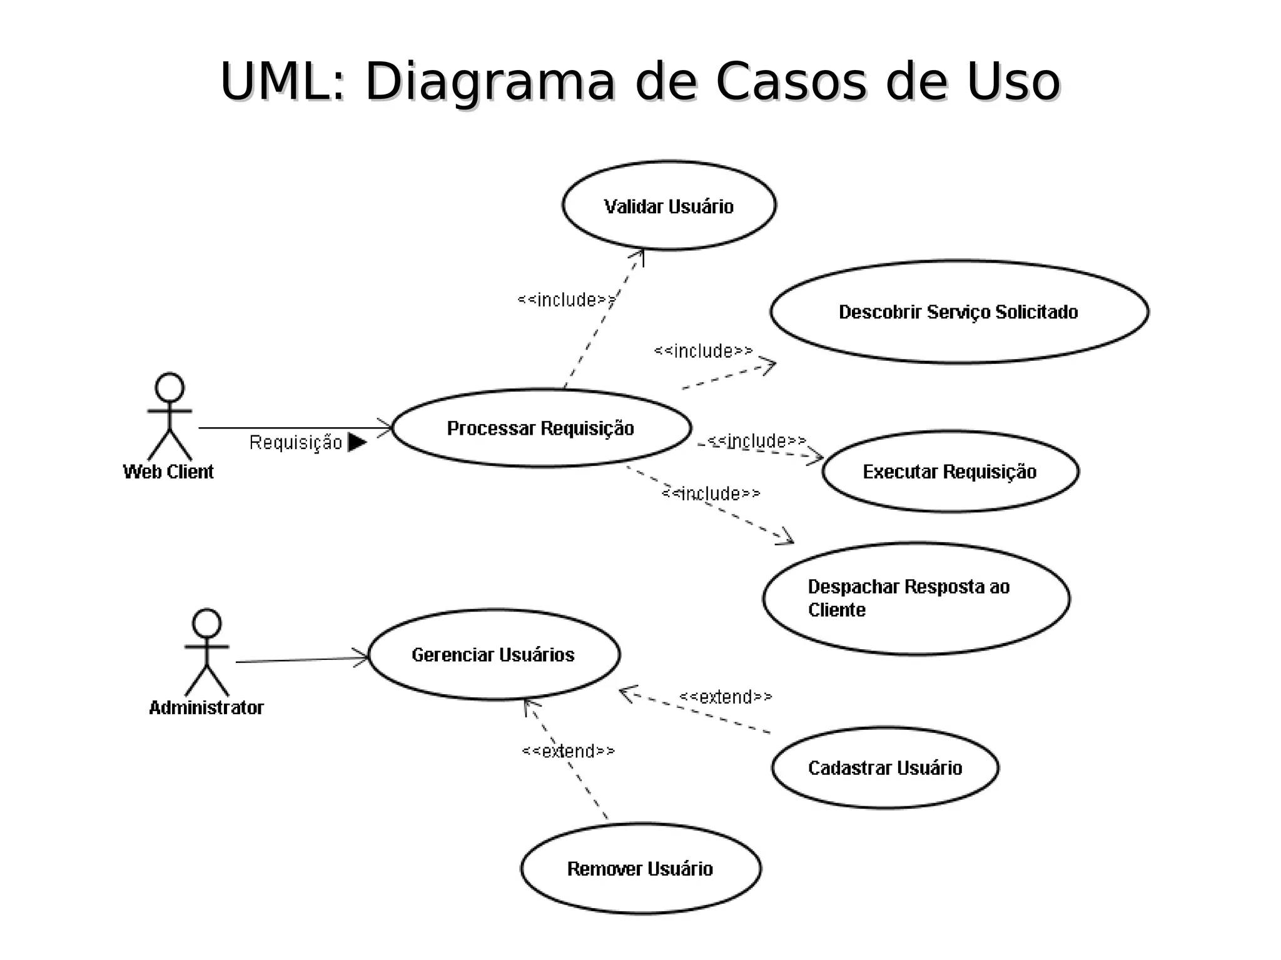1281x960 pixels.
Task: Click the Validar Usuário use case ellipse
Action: [x=669, y=206]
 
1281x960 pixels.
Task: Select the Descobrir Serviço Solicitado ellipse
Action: [x=959, y=311]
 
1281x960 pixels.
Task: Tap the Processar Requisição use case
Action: [x=541, y=428]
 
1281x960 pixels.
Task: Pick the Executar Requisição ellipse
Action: [x=950, y=472]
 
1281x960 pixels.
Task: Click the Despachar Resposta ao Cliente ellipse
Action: [x=916, y=599]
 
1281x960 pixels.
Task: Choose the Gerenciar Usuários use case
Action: [x=494, y=655]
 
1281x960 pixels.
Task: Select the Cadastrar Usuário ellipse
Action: [x=885, y=768]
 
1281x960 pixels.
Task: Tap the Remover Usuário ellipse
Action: [x=640, y=869]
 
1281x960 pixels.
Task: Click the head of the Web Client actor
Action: [x=170, y=388]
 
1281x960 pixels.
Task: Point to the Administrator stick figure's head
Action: [x=207, y=624]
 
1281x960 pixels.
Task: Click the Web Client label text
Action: [x=168, y=472]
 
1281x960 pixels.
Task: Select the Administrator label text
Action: [x=206, y=708]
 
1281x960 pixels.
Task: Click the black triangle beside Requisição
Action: [x=357, y=442]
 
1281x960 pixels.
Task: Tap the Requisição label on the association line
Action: [x=296, y=443]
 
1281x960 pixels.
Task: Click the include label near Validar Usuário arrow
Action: [x=566, y=300]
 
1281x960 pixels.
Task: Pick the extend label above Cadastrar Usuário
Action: [x=726, y=697]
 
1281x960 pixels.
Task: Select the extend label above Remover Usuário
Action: [x=568, y=750]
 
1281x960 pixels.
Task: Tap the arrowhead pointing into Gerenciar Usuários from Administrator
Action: [x=363, y=657]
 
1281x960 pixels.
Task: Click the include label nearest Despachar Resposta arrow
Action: [x=711, y=494]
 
